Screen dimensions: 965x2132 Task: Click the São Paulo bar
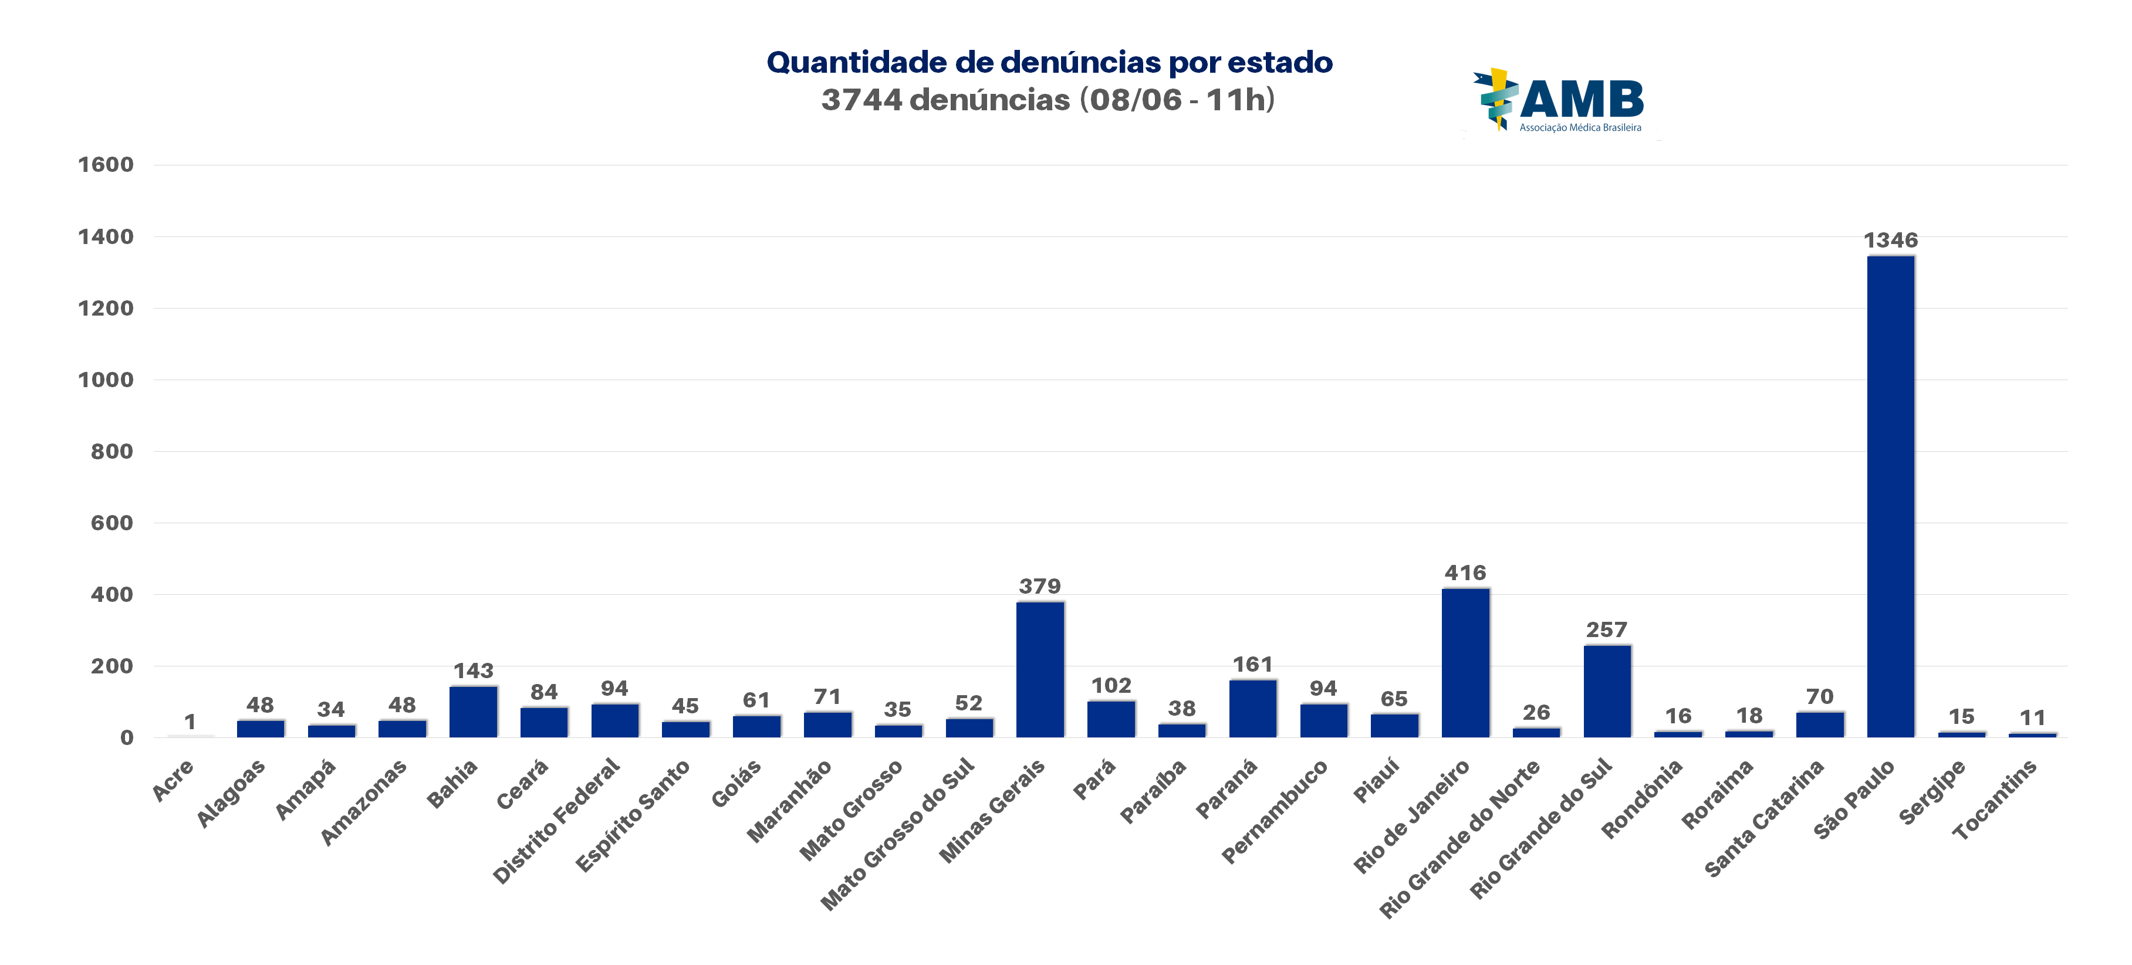coord(1890,496)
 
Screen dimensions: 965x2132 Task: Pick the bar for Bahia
coord(474,712)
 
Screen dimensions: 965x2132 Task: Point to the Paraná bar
coord(1252,709)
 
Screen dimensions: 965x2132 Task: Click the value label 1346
coord(1890,240)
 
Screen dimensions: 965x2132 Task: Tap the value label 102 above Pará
coord(1111,685)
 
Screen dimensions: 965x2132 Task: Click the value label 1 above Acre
coord(190,722)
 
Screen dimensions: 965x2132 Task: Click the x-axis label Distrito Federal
coord(557,820)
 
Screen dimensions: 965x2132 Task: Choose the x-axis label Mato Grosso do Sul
coord(898,834)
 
